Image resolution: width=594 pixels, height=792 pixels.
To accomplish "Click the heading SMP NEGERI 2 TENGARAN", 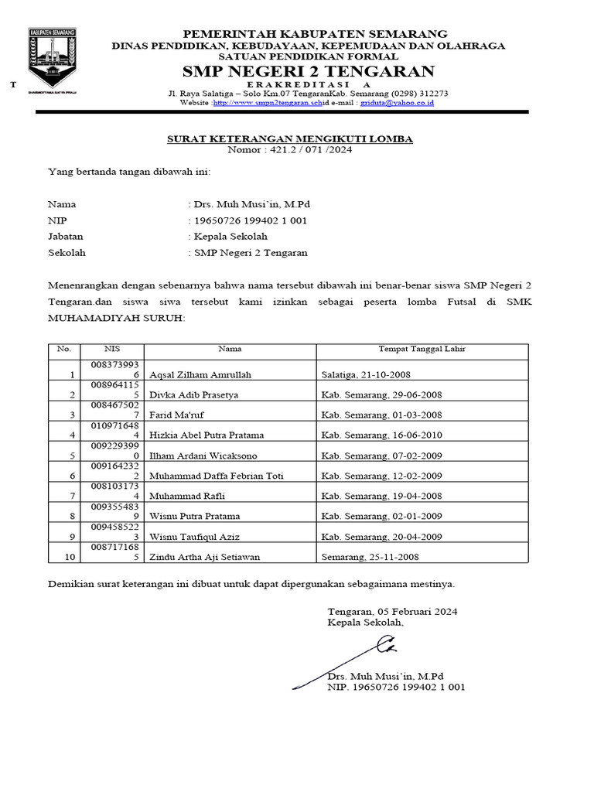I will [308, 72].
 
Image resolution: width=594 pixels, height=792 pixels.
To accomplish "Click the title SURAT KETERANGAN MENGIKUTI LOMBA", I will [291, 139].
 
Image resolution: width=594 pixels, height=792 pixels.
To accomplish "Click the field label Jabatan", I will [66, 237].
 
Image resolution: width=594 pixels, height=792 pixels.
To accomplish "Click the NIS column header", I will [113, 349].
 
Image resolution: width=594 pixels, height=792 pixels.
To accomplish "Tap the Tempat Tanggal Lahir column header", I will [422, 349].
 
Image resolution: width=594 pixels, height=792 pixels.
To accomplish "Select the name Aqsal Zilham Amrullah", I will [200, 374].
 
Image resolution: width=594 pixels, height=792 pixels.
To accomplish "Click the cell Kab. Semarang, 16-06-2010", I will [381, 435].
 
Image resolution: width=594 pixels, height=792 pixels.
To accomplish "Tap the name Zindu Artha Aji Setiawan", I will [204, 557].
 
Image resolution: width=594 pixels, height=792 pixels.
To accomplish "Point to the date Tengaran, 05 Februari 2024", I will [392, 611].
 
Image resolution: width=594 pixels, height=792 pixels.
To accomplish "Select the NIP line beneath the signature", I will [396, 687].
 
